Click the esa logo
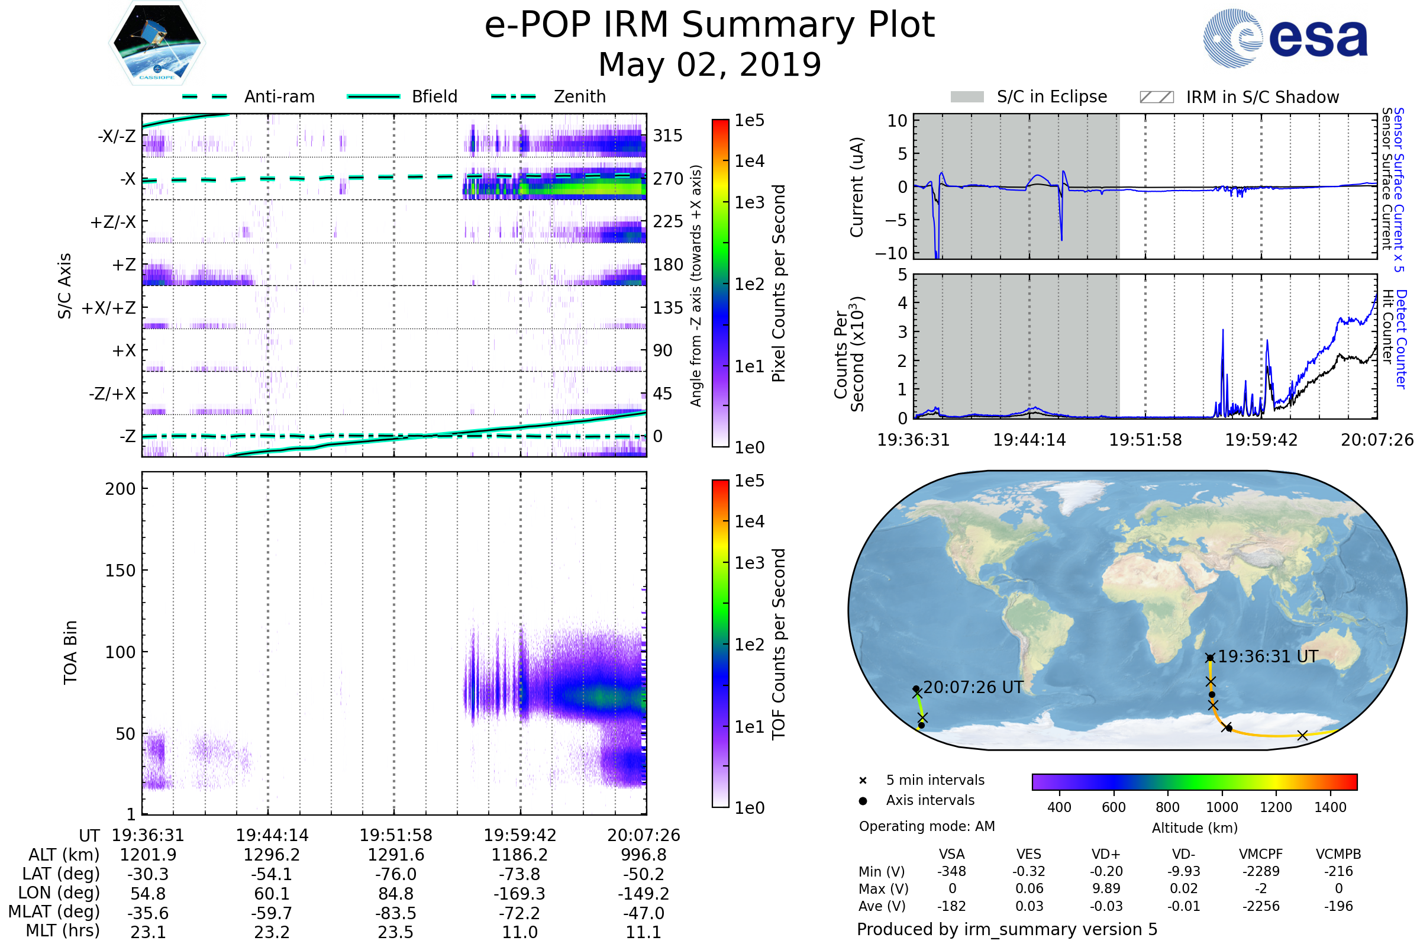(x=1286, y=37)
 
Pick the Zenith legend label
(x=580, y=96)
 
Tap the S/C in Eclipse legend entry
(x=1029, y=96)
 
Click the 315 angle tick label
(x=668, y=136)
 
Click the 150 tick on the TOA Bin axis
(x=120, y=571)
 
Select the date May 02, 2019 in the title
(x=709, y=65)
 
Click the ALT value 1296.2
(x=272, y=855)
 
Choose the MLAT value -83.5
(x=395, y=913)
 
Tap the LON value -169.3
(x=519, y=894)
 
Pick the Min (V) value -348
(x=951, y=871)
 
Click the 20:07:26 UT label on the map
(x=973, y=687)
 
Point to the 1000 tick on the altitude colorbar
(x=1222, y=807)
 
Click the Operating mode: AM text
(x=927, y=826)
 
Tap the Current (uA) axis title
(x=857, y=187)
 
